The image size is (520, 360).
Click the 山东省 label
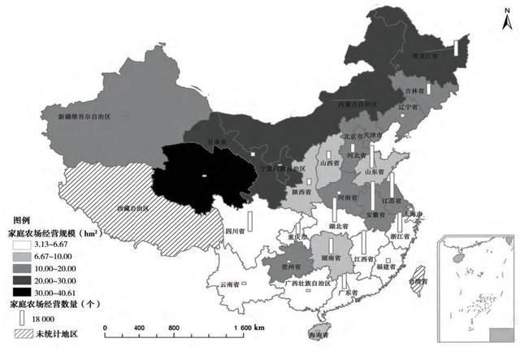[373, 171]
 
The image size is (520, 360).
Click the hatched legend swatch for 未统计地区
[22, 333]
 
